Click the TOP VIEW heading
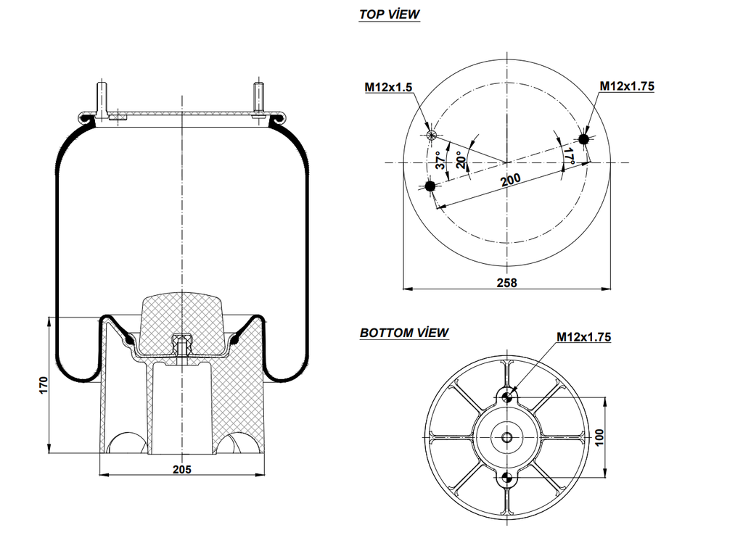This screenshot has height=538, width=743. [x=390, y=14]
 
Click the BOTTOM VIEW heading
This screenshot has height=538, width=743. [x=404, y=333]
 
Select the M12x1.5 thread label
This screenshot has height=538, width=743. [x=388, y=87]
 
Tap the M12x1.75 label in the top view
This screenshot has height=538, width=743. [x=627, y=86]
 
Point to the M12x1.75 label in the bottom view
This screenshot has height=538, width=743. [x=584, y=336]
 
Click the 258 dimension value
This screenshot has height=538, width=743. [x=508, y=283]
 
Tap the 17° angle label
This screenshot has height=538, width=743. [x=569, y=155]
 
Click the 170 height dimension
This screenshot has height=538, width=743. [x=44, y=384]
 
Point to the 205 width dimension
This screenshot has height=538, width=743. [x=182, y=469]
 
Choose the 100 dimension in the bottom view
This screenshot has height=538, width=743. [x=599, y=437]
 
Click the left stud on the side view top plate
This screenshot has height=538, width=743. [x=102, y=99]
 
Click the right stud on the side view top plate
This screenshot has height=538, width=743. [x=258, y=99]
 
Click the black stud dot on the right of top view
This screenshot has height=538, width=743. [x=584, y=138]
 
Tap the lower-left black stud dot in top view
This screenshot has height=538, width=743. [x=430, y=187]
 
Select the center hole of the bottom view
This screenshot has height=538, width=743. [x=507, y=437]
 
